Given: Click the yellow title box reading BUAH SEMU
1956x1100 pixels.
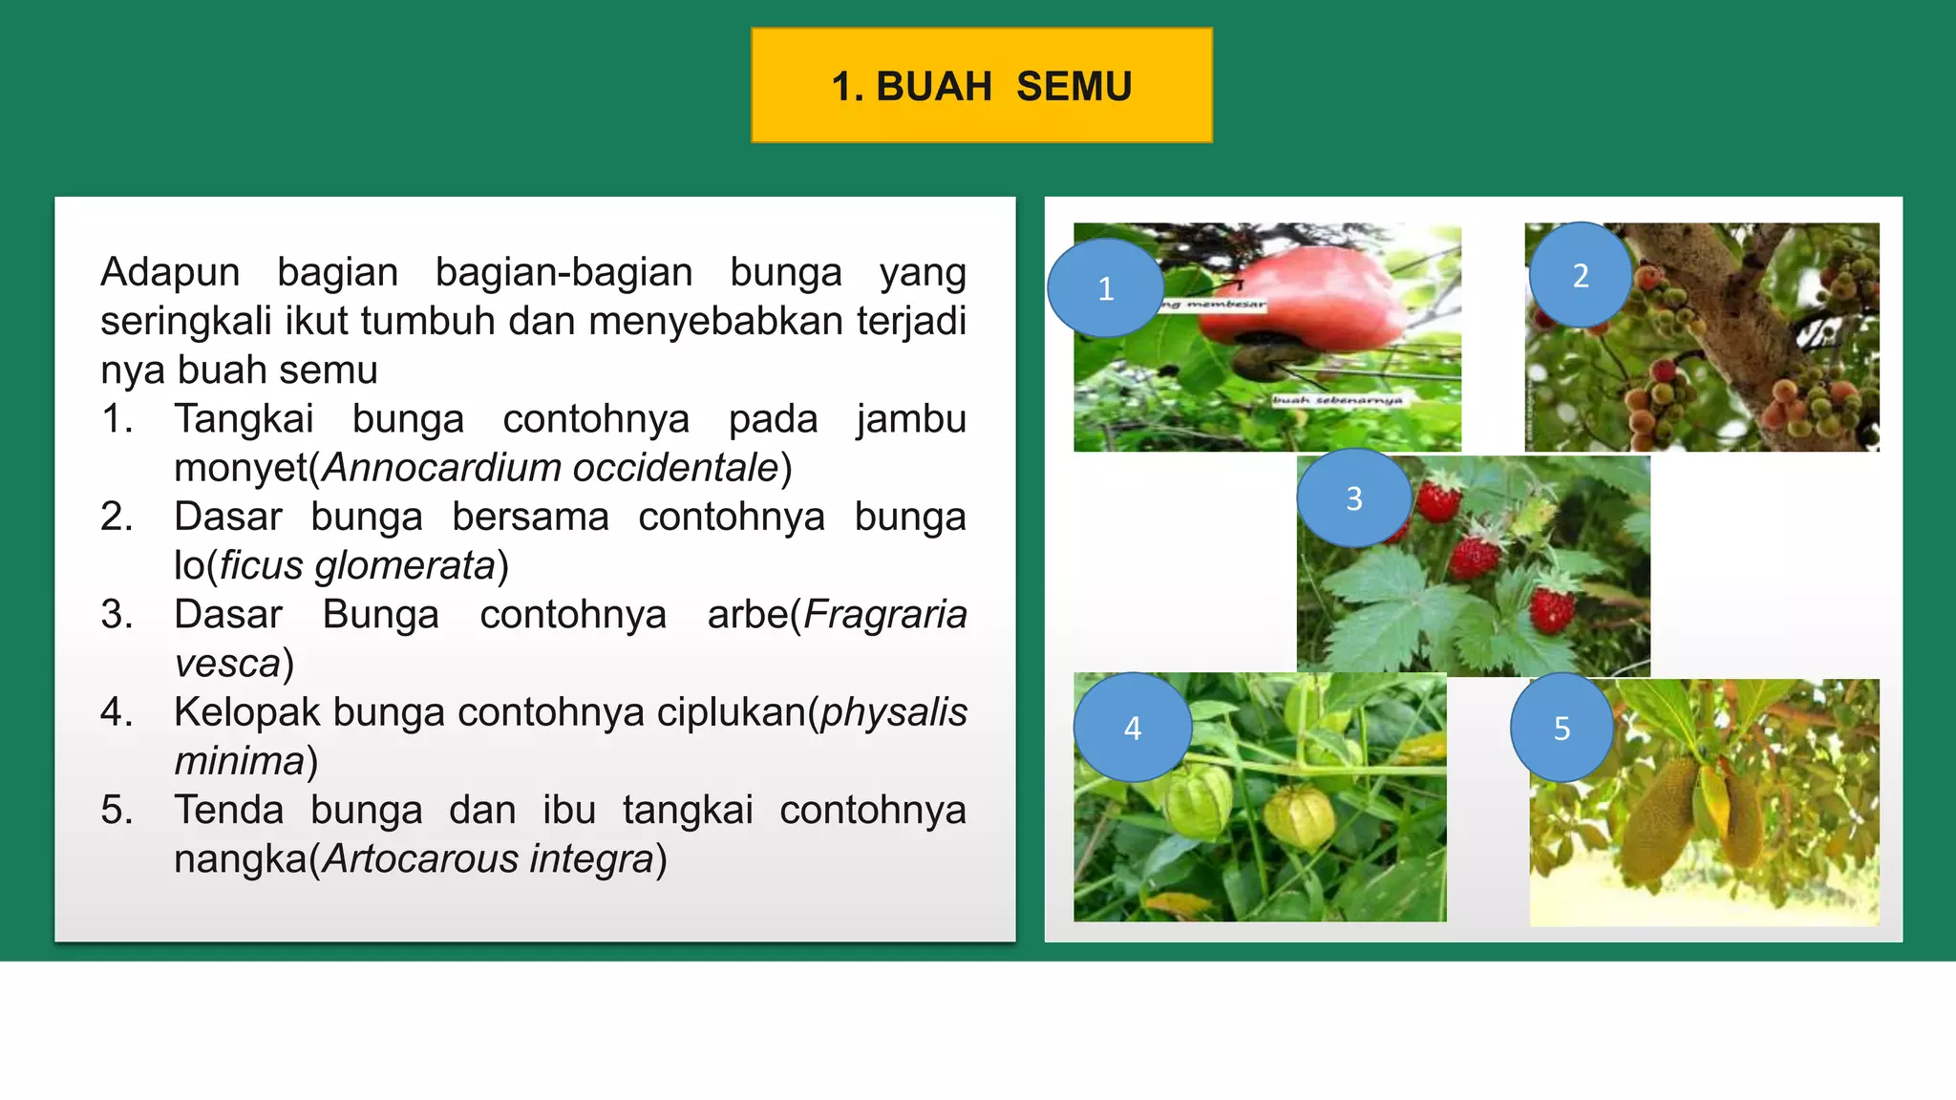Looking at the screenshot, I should point(982,86).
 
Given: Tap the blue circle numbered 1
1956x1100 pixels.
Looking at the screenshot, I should point(1105,287).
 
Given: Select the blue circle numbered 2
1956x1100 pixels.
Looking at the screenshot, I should point(1580,275).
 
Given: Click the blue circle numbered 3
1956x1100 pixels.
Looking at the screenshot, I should point(1353,497).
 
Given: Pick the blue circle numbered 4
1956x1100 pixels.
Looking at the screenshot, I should point(1133,728).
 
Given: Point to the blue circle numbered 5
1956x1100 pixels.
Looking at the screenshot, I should point(1562,728).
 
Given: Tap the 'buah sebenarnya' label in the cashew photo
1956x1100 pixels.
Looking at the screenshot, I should point(1337,400).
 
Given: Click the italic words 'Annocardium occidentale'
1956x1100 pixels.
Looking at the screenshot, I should point(551,468).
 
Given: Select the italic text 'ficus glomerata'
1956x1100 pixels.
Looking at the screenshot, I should point(357,565).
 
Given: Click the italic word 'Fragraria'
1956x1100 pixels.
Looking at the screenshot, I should point(884,614).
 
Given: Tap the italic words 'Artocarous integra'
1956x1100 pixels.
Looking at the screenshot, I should point(487,858).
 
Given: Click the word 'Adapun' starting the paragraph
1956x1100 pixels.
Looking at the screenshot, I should point(170,272).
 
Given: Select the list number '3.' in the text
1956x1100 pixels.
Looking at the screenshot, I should point(117,614).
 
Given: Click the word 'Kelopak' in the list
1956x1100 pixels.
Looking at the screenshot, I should point(247,712).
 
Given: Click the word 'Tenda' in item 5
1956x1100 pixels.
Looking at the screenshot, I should point(228,810).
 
